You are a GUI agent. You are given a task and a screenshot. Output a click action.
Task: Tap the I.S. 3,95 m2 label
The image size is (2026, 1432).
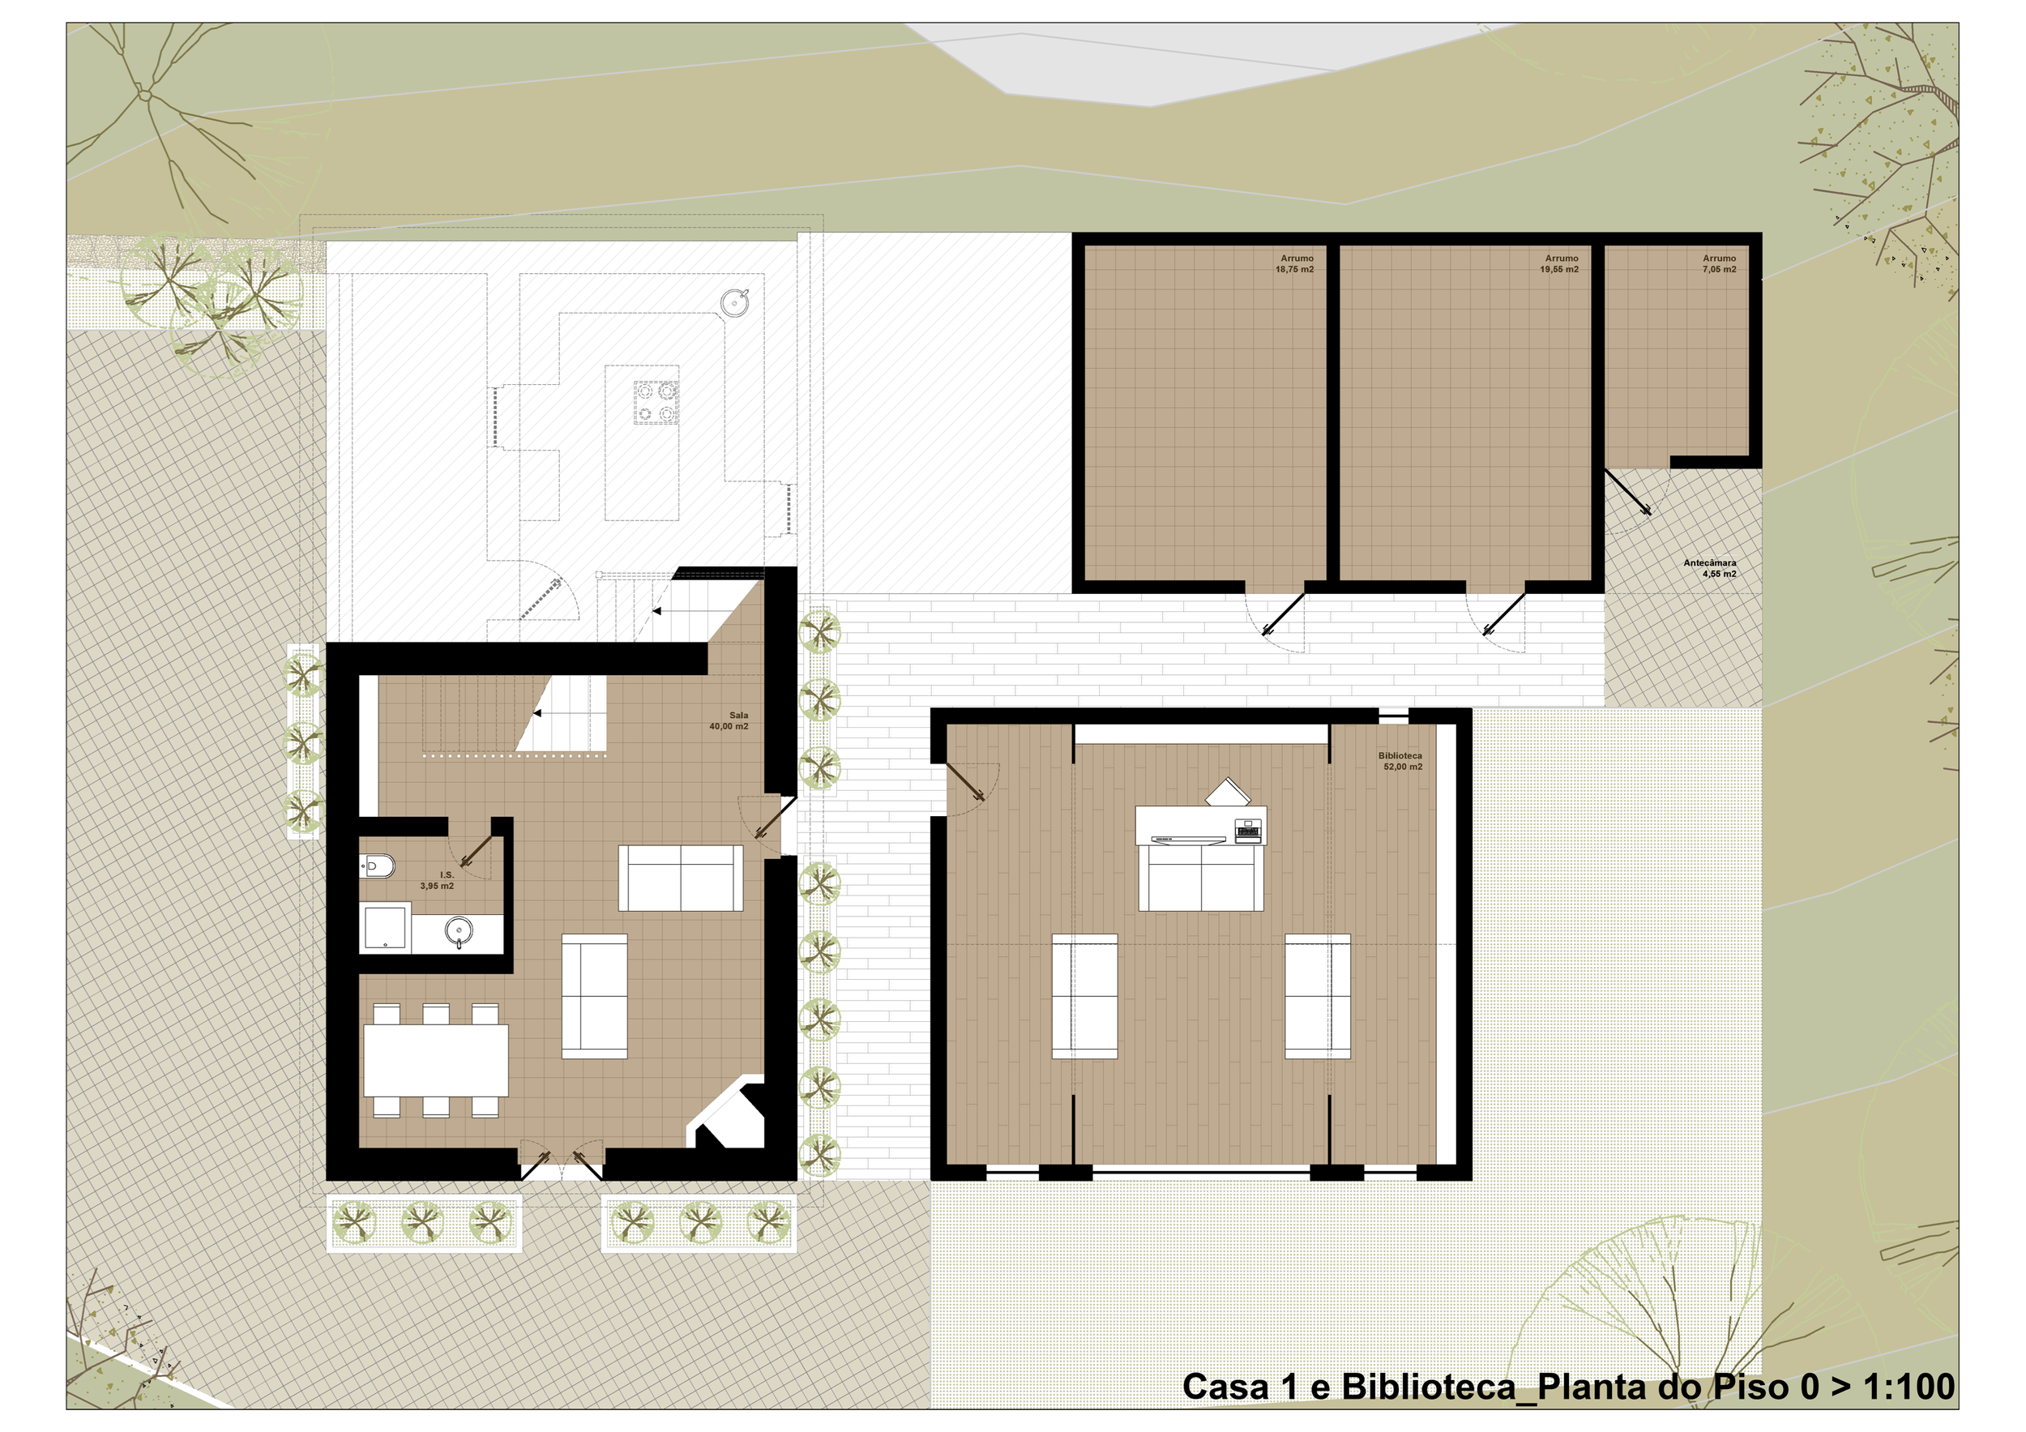pos(438,881)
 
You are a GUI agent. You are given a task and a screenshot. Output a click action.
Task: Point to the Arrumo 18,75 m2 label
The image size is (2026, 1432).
pos(1294,264)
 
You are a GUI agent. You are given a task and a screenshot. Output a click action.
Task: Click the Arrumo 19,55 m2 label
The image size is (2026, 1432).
pos(1559,264)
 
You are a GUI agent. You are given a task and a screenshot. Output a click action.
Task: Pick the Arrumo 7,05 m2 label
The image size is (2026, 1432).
pos(1719,264)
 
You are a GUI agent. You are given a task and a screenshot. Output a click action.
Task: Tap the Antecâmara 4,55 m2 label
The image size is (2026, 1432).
pos(1710,568)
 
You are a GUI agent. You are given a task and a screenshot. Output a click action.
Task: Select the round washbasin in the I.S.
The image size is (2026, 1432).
pos(458,929)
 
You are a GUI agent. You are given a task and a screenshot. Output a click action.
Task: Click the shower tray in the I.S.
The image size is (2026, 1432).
pos(385,926)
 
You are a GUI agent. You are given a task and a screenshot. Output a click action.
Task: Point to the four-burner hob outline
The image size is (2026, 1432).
pos(656,401)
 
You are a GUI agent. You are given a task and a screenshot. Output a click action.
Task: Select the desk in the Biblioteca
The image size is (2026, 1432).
pos(1201,826)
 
